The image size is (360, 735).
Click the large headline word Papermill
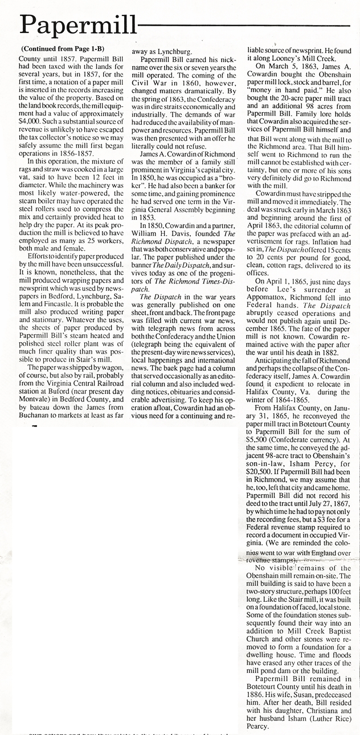[77, 24]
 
